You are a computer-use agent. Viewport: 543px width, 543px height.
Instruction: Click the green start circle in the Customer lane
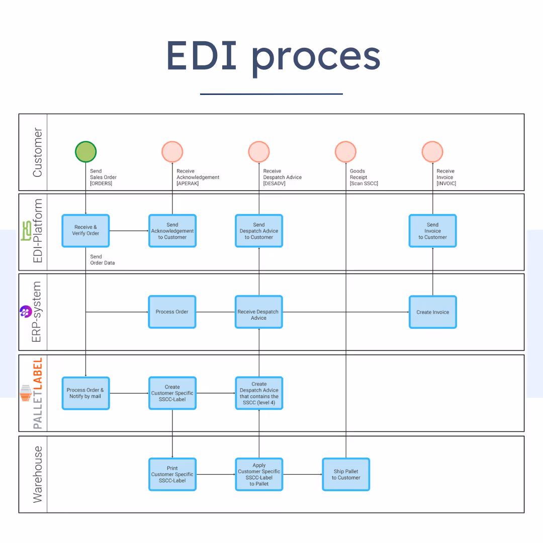coord(85,152)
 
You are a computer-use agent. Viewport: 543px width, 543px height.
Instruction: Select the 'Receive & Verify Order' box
coord(85,231)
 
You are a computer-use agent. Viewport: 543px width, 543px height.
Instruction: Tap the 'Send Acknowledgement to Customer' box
coord(172,231)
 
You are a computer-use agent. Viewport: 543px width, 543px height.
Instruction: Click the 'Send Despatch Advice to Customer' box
coord(259,231)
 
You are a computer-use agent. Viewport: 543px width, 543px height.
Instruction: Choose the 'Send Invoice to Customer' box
coord(432,231)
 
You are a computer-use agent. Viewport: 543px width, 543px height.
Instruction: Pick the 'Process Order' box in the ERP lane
coord(172,312)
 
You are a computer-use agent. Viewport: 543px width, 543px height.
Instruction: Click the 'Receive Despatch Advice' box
coord(259,312)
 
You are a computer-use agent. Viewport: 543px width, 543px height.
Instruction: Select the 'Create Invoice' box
coord(432,312)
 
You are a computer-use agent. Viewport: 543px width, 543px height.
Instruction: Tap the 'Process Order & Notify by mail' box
coord(85,393)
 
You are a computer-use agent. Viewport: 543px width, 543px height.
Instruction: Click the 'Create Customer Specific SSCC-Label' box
coord(172,393)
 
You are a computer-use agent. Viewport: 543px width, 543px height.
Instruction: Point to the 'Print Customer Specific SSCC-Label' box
coord(172,475)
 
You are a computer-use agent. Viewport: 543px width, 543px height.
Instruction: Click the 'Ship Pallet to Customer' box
coord(346,475)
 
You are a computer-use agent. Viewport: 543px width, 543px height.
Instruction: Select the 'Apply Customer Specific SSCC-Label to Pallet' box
coord(259,475)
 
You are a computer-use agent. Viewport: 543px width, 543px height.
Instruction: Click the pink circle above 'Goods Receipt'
coord(345,152)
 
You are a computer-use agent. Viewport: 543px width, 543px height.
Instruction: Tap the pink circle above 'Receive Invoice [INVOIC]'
coord(432,152)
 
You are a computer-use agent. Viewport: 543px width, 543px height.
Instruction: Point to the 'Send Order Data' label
coord(102,260)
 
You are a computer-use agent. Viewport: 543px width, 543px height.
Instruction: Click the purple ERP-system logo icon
coord(26,312)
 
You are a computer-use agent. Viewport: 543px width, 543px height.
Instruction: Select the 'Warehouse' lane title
coord(37,475)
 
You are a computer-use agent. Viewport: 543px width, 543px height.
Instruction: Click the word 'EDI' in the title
coord(202,55)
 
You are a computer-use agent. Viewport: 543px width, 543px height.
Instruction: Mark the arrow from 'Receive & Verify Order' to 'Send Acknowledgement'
coord(129,231)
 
